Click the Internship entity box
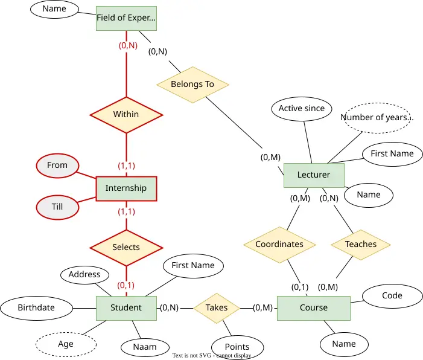[126, 189]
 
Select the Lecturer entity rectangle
[314, 175]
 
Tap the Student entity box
[126, 308]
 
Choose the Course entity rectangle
[314, 308]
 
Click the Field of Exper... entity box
[126, 18]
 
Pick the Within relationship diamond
[126, 115]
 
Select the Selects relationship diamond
[126, 248]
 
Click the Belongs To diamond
[193, 85]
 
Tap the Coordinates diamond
[280, 245]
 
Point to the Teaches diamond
[361, 245]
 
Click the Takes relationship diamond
[217, 308]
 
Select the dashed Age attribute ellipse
[66, 344]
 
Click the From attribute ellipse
[57, 166]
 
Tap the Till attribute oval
[57, 207]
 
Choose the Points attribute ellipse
[237, 347]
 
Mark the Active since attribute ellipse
[302, 109]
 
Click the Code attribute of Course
[392, 296]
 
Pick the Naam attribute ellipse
[145, 347]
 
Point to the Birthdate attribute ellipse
[36, 308]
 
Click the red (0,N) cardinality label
[128, 45]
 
